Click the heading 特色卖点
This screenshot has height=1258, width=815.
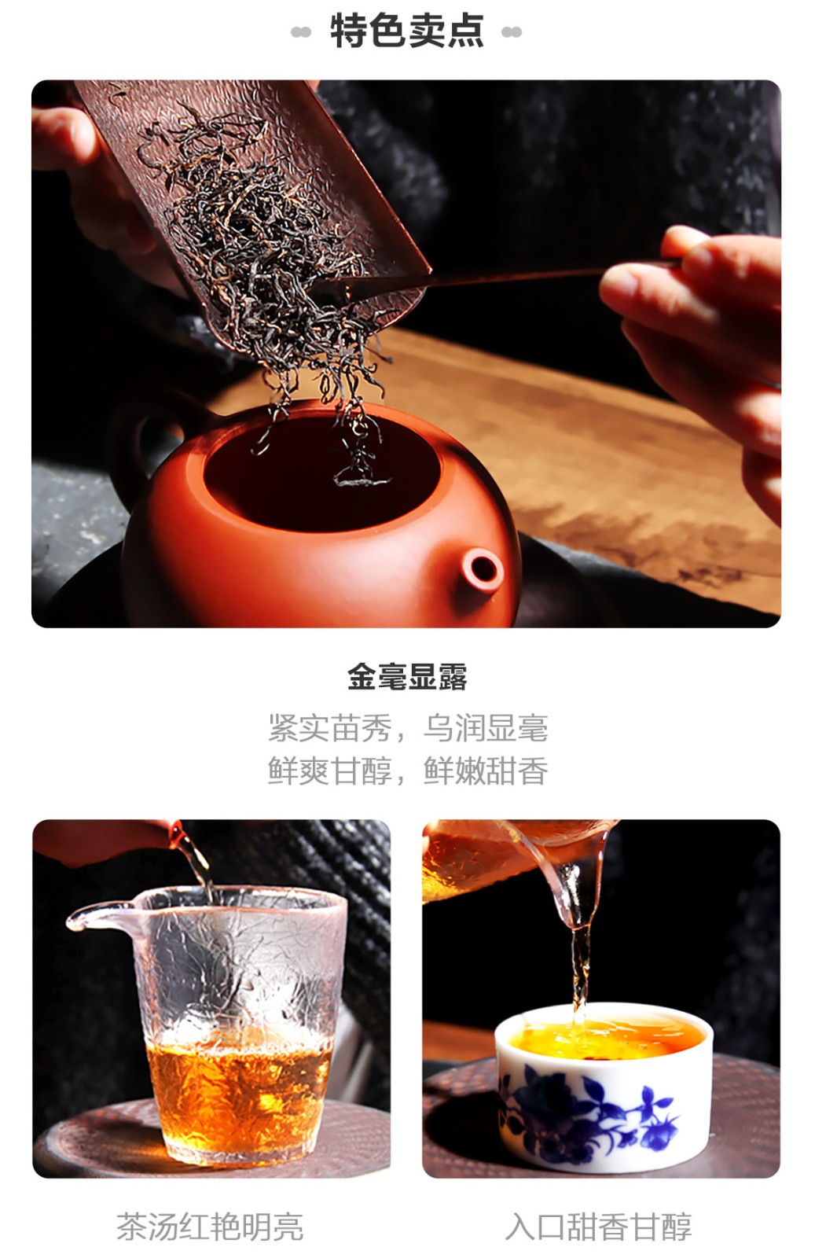pyautogui.click(x=407, y=31)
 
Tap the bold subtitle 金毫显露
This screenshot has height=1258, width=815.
pyautogui.click(x=407, y=677)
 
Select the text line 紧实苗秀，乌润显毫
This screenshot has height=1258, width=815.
pyautogui.click(x=407, y=728)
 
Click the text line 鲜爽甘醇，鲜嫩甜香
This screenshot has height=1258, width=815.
pyautogui.click(x=407, y=771)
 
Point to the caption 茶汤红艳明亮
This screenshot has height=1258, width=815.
pyautogui.click(x=210, y=1227)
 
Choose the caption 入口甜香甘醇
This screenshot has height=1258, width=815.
pyautogui.click(x=598, y=1227)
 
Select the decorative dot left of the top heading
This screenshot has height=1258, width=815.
pyautogui.click(x=301, y=32)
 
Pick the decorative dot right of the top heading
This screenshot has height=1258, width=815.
pyautogui.click(x=512, y=32)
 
